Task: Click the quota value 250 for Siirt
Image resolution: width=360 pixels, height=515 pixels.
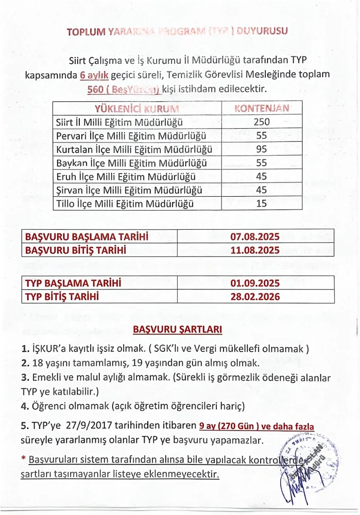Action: click(261, 122)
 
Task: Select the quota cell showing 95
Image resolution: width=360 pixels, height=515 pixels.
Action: click(261, 149)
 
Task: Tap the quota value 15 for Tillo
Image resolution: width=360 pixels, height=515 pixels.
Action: click(261, 203)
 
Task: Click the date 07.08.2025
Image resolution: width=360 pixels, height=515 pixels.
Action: click(255, 237)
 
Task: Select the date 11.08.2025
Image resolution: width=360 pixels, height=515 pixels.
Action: click(255, 250)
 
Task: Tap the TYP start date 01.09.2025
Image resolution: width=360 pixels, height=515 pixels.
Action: click(255, 283)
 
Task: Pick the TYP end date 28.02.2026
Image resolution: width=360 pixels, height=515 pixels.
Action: click(255, 297)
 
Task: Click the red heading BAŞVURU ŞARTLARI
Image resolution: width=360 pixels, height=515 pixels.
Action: click(177, 329)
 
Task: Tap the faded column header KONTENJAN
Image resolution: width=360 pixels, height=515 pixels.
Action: click(262, 108)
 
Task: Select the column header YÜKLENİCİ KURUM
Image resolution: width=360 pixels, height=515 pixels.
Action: click(137, 108)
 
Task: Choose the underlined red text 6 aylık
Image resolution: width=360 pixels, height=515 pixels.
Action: click(93, 75)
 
